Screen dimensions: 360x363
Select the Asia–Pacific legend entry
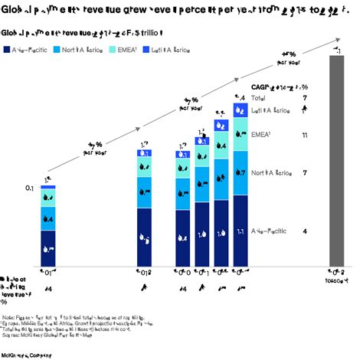point(29,49)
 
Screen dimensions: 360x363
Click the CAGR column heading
point(280,87)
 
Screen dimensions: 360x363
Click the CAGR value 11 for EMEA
point(305,135)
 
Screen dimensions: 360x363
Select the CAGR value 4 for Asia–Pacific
point(305,231)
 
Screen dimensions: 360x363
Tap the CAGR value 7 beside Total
point(305,98)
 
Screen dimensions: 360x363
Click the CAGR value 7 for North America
point(305,173)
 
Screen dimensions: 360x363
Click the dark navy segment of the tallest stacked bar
point(240,230)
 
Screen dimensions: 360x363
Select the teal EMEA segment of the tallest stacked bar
point(240,134)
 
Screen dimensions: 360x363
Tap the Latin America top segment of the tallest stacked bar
point(240,110)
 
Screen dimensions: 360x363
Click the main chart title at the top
point(176,9)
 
